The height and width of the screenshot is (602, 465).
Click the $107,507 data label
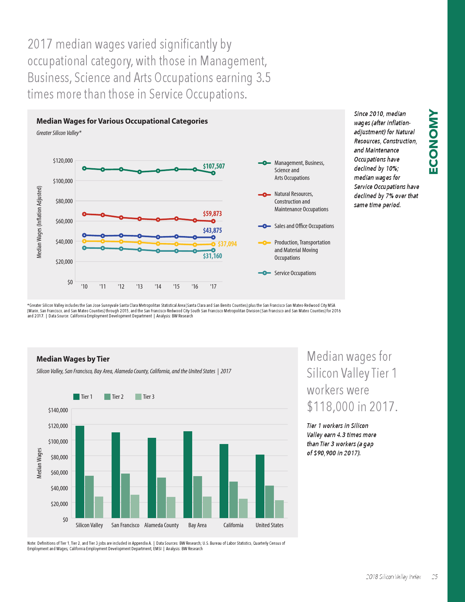pyautogui.click(x=214, y=166)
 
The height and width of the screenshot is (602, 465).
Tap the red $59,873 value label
pyautogui.click(x=212, y=214)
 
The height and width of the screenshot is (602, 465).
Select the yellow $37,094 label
pyautogui.click(x=227, y=244)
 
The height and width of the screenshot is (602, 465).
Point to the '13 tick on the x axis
pyautogui.click(x=139, y=287)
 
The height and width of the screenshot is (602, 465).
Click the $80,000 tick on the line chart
pyautogui.click(x=64, y=201)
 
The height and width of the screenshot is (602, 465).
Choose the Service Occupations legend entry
pyautogui.click(x=295, y=273)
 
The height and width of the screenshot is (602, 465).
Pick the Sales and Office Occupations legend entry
pyautogui.click(x=304, y=226)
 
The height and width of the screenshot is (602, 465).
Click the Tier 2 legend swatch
pyautogui.click(x=107, y=397)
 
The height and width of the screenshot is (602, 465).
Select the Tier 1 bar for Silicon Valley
pyautogui.click(x=80, y=472)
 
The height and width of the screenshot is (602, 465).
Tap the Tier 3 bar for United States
pyautogui.click(x=279, y=509)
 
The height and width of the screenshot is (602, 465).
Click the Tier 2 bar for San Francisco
pyautogui.click(x=125, y=495)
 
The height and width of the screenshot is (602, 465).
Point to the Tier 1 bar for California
pyautogui.click(x=224, y=481)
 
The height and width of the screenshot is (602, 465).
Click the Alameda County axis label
pyautogui.click(x=161, y=525)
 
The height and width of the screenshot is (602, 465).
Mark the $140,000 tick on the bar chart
pyautogui.click(x=58, y=410)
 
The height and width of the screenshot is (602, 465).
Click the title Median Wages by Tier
pyautogui.click(x=73, y=359)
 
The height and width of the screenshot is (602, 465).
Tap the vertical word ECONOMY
pyautogui.click(x=433, y=142)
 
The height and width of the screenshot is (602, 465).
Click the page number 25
pyautogui.click(x=434, y=577)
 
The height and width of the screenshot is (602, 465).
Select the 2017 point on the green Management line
pyautogui.click(x=213, y=173)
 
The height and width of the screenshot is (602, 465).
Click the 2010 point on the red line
pyautogui.click(x=84, y=214)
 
